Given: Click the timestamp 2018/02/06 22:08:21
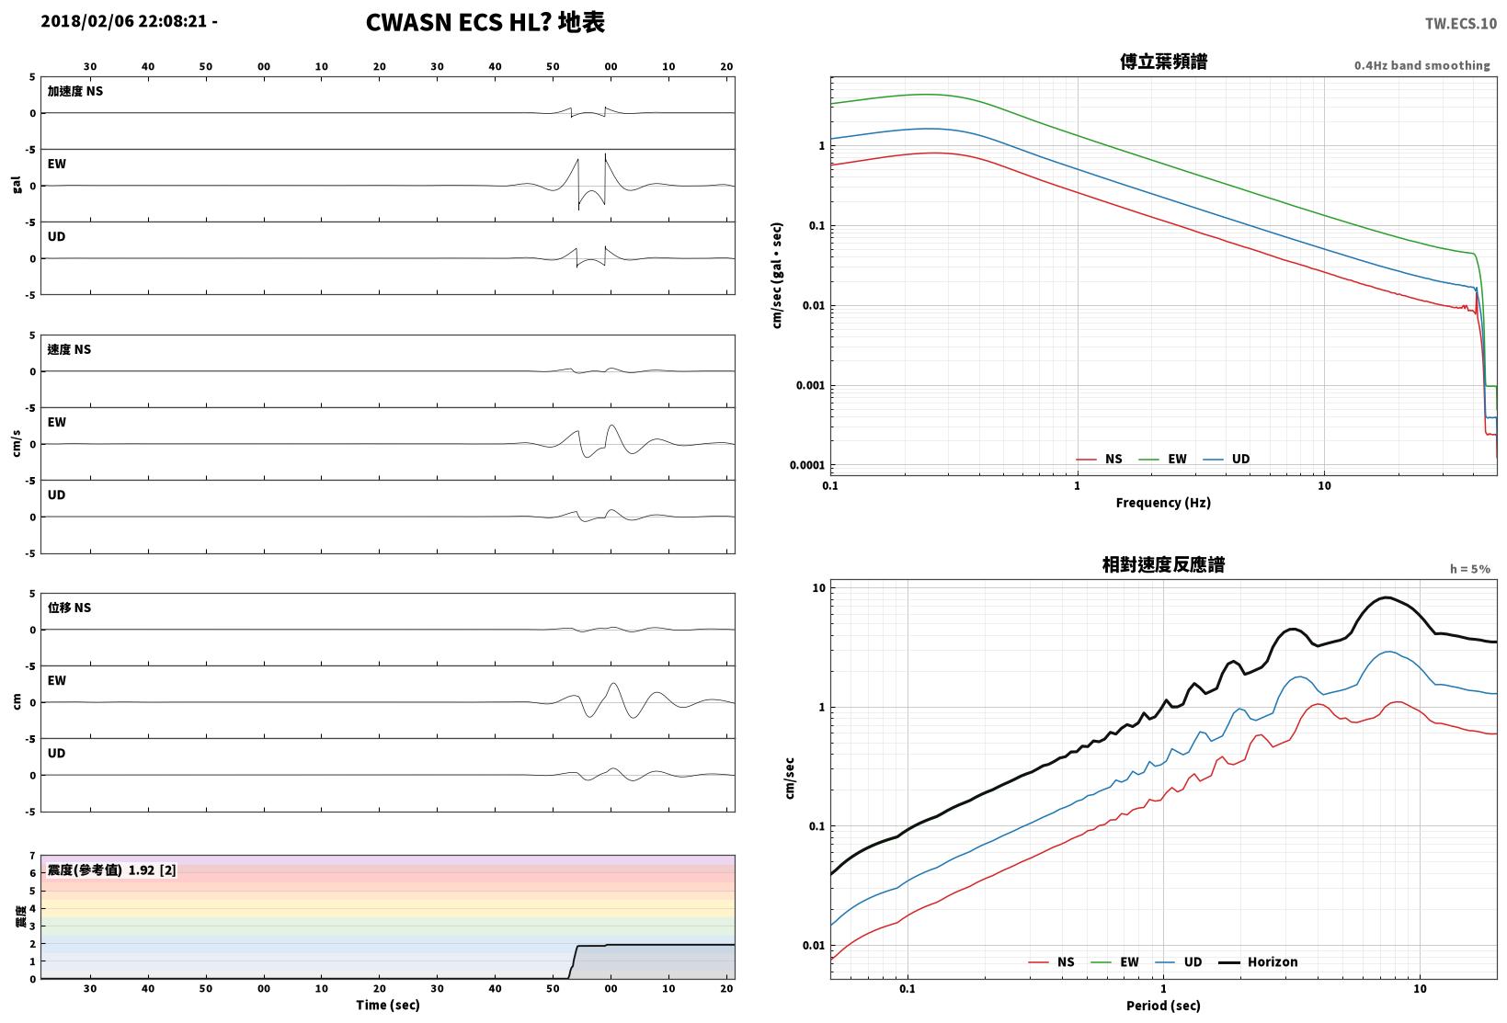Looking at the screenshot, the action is (x=124, y=21).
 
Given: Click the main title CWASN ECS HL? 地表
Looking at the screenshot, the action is (x=485, y=22).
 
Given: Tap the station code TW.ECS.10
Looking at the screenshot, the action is (x=1461, y=24).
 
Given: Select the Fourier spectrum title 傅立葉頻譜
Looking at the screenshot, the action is (x=1163, y=62).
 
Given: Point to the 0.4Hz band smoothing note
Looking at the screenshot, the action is (x=1422, y=65).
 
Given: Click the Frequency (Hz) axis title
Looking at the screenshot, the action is (x=1163, y=503).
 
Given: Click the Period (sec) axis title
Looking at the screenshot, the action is (x=1163, y=1006).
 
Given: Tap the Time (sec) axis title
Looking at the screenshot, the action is (x=387, y=1005).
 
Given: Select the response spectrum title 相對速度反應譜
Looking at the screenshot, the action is (x=1163, y=564).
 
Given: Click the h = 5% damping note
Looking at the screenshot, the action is (x=1470, y=569).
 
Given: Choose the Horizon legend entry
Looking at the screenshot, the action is (x=1259, y=961).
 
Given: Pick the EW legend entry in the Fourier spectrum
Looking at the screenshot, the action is (x=1162, y=459).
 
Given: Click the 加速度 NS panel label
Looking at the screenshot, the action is (x=75, y=91).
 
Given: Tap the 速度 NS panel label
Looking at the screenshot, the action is (x=69, y=349).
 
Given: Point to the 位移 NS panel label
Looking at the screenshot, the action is (x=69, y=608).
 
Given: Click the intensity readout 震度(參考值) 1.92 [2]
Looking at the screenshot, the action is (x=111, y=870).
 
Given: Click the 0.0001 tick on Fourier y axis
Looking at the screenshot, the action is (x=806, y=465).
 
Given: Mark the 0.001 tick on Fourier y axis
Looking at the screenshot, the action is (x=810, y=385).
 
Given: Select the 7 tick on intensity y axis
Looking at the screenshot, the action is (x=32, y=856).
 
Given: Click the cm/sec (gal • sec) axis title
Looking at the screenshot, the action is (x=777, y=276).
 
